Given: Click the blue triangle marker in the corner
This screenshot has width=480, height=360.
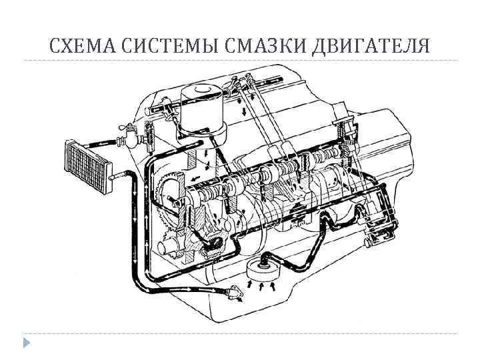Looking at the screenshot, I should [x=25, y=343].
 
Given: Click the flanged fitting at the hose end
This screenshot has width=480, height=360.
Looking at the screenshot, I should [x=232, y=291].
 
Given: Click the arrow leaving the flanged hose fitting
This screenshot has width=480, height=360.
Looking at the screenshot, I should [x=239, y=300].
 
